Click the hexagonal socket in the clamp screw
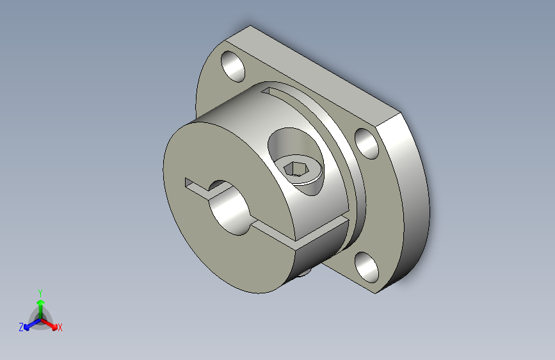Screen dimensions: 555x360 (x=293, y=168)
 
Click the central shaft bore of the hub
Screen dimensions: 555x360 (x=229, y=208)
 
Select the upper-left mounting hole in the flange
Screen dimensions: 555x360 (x=233, y=67)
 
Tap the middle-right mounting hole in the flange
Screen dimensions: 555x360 (x=367, y=143)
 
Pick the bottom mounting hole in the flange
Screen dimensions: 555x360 (x=367, y=267)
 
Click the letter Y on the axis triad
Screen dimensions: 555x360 (x=40, y=293)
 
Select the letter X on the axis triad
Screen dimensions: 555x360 (x=60, y=328)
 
